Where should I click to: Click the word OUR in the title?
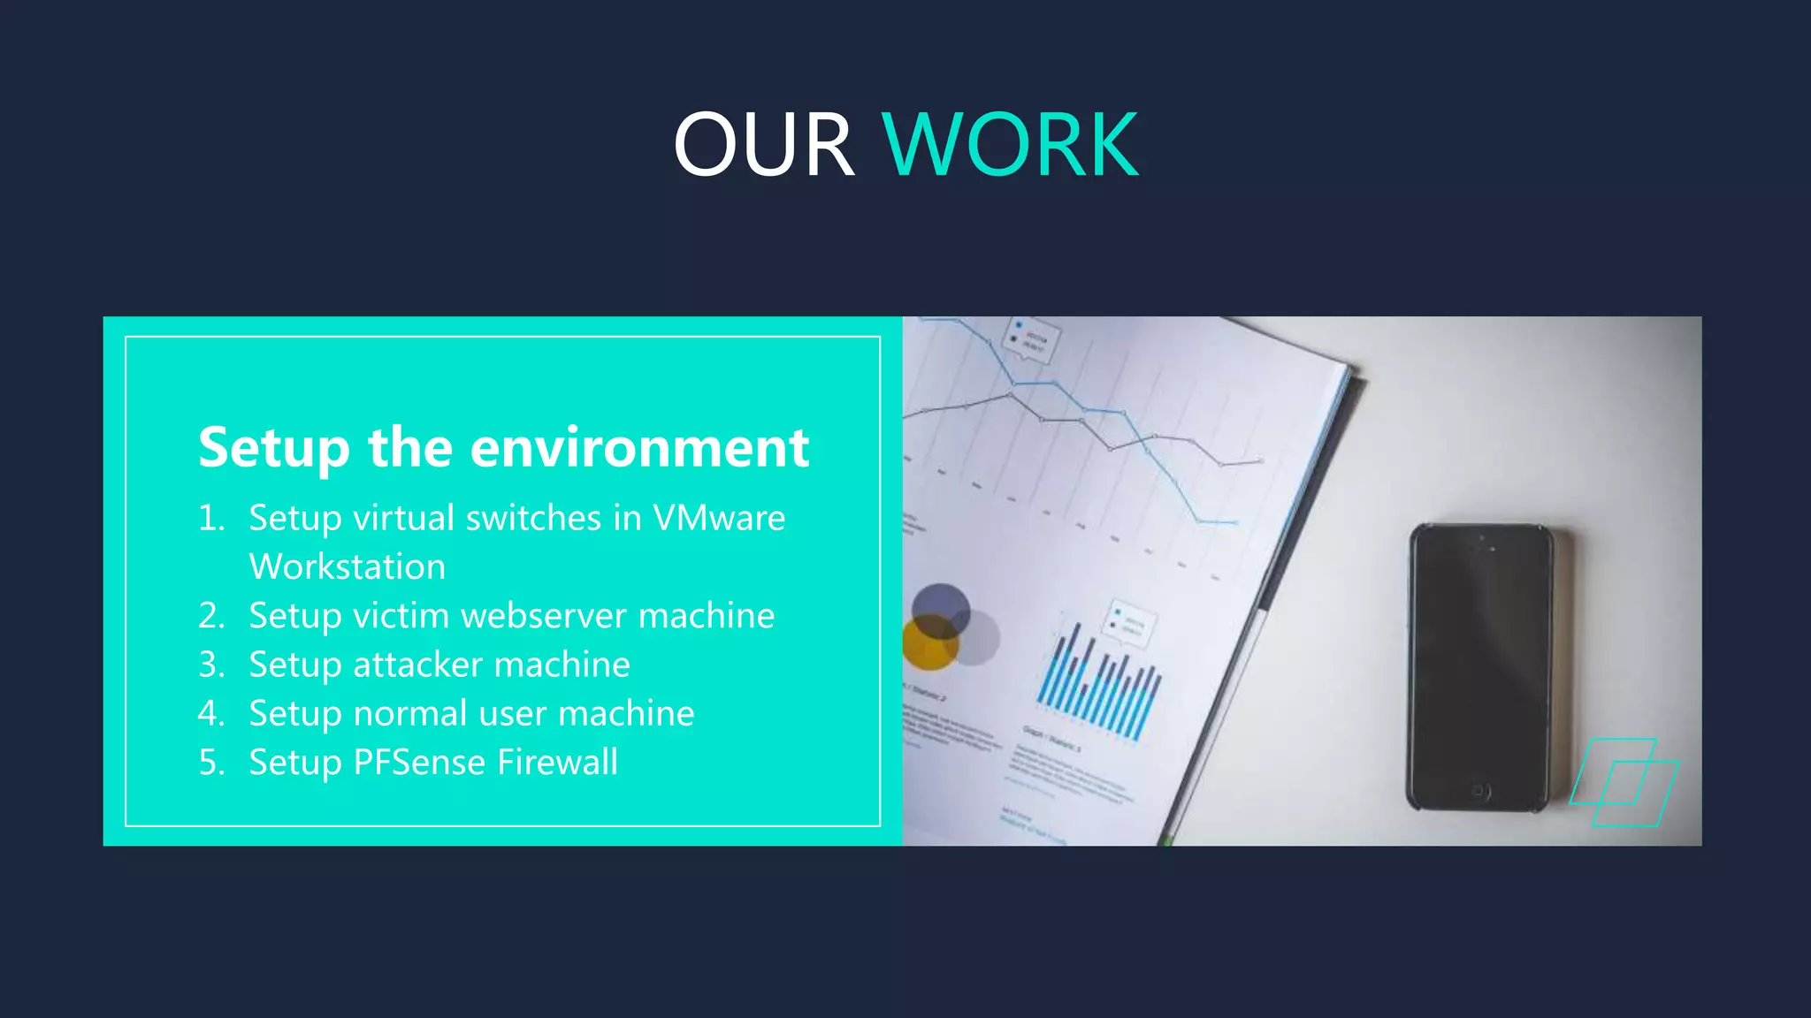[x=763, y=145]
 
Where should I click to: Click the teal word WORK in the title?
[x=1010, y=145]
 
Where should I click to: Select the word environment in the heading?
[x=639, y=447]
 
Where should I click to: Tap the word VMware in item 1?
[x=718, y=518]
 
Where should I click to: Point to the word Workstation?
[x=347, y=566]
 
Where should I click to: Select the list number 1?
[x=210, y=518]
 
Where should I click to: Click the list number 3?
[x=210, y=665]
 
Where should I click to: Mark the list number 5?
[x=210, y=762]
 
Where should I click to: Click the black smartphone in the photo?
[x=1480, y=667]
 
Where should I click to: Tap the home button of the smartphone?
[x=1480, y=791]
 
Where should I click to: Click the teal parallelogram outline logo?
[x=1624, y=782]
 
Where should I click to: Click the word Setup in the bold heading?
[x=274, y=447]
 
